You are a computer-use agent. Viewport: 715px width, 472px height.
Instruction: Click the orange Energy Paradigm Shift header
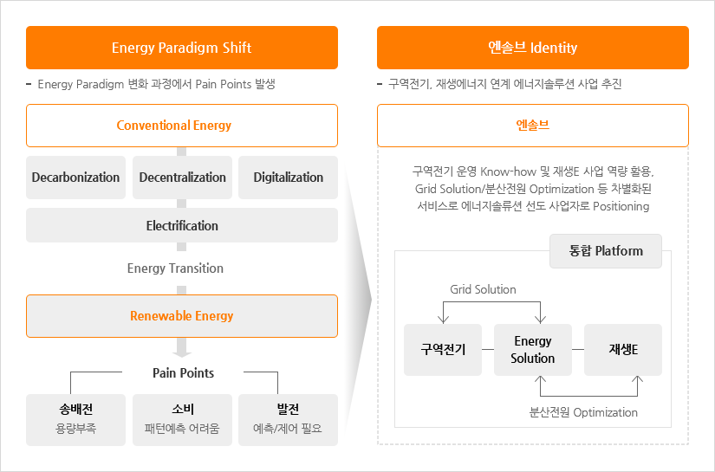coord(181,48)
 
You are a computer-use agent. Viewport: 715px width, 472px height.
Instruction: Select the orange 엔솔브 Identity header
coord(532,48)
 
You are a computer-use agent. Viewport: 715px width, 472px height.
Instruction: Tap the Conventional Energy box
coord(181,126)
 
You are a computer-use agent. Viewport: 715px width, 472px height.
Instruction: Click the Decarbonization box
coord(76,178)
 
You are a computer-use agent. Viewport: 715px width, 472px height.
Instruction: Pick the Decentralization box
coord(182,178)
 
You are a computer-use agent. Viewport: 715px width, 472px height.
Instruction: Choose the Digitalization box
coord(288,178)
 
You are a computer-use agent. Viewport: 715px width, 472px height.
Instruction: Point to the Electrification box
coord(181,225)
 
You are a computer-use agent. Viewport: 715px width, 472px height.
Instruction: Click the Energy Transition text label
coord(175,268)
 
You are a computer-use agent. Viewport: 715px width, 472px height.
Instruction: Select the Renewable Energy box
coord(181,316)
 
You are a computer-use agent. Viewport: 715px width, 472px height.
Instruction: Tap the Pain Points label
coord(183,373)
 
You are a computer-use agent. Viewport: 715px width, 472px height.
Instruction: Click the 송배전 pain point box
coord(76,420)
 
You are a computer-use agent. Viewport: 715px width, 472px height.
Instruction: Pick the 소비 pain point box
coord(182,420)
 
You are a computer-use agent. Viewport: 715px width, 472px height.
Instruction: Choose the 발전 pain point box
coord(288,420)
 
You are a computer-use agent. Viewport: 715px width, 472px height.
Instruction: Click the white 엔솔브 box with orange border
coord(532,126)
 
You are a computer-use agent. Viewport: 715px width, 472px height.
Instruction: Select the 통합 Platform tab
coord(606,251)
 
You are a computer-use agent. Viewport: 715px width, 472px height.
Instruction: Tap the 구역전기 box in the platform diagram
coord(443,350)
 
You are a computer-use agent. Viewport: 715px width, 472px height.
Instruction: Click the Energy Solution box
coord(532,350)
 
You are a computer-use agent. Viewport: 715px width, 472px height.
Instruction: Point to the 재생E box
coord(622,350)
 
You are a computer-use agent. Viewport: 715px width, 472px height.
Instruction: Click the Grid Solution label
coord(483,289)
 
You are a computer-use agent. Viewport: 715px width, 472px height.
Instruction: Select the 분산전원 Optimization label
coord(583,412)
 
